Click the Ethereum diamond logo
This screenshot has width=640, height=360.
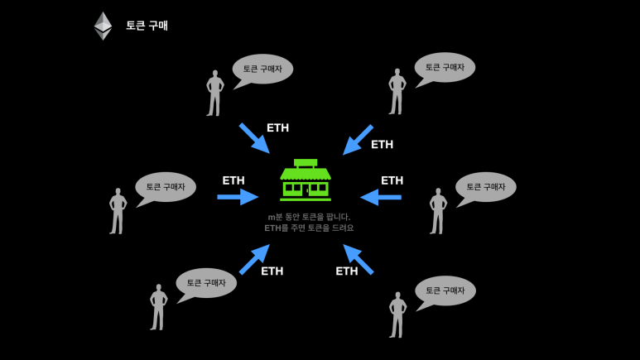tap(103, 26)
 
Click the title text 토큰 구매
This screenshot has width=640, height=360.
tap(147, 26)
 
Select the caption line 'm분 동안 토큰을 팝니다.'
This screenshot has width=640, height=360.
tap(309, 217)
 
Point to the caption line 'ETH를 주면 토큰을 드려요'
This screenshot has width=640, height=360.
tap(309, 228)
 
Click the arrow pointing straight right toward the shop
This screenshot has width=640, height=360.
tap(238, 197)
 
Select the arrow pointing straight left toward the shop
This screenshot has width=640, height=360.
tap(381, 197)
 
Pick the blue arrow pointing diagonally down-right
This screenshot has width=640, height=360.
tap(254, 138)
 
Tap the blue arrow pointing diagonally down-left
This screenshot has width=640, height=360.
tap(358, 140)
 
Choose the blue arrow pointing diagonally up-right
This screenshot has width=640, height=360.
tap(254, 259)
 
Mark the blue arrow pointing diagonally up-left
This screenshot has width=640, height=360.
tap(358, 259)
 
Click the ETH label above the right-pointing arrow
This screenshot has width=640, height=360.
tap(233, 180)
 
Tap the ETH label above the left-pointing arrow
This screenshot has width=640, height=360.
tap(392, 180)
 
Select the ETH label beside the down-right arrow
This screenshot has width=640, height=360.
tap(277, 128)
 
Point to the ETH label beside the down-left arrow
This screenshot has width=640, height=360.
tap(382, 145)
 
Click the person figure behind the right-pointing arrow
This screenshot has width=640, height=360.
tap(118, 211)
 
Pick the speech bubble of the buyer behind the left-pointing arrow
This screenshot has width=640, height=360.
tap(485, 187)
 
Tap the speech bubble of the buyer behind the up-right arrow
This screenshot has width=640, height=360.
tap(205, 283)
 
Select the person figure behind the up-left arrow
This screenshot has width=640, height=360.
tap(397, 314)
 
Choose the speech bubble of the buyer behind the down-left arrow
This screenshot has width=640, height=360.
tap(445, 68)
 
